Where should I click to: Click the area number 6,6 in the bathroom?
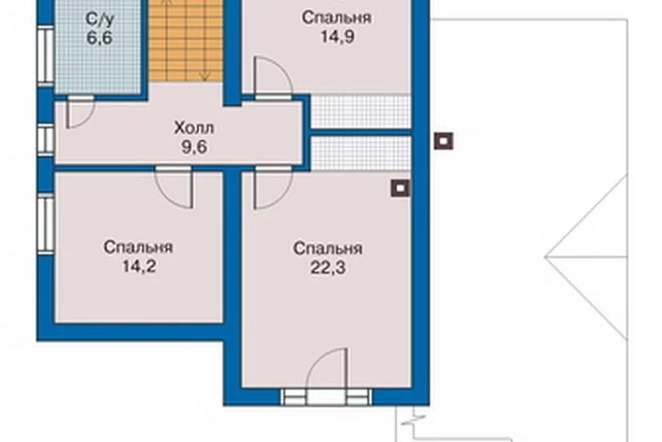[100, 38]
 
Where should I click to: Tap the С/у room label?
[100, 18]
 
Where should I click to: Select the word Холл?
[194, 128]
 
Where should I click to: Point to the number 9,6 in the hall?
[194, 147]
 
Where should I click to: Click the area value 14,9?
[337, 37]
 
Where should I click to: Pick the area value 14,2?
[139, 267]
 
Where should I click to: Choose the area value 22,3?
[328, 268]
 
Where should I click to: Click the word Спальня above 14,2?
[138, 248]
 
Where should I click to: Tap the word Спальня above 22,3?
[328, 248]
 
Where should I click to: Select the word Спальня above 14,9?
[337, 18]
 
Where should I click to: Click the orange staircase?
[186, 41]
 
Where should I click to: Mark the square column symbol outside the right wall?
[444, 141]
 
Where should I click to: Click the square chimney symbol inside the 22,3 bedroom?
[400, 188]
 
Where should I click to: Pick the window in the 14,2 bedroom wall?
[46, 224]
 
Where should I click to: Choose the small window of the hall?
[46, 140]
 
